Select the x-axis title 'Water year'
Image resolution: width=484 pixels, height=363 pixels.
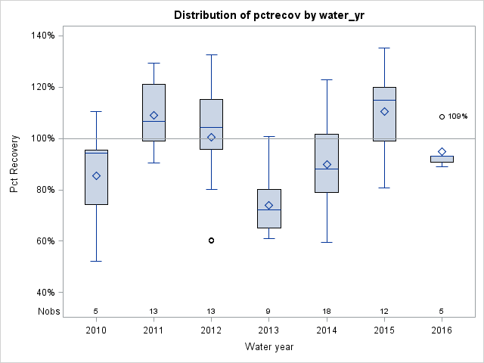(x=268, y=346)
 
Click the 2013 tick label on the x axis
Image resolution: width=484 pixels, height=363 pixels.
(x=269, y=330)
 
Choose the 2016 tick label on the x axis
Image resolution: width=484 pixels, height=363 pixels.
(x=442, y=330)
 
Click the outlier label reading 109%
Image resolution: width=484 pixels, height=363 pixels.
(x=458, y=116)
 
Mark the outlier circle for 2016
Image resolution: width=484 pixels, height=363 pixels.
(x=442, y=116)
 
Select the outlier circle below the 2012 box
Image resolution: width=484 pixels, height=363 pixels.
(x=212, y=240)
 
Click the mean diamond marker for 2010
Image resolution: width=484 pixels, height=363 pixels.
(x=96, y=175)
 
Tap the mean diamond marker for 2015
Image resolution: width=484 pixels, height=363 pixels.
(x=384, y=111)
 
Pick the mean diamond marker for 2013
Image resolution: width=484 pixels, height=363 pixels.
(x=269, y=205)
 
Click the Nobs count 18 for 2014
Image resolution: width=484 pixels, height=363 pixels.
(x=327, y=311)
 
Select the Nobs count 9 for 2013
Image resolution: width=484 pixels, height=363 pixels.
(x=269, y=311)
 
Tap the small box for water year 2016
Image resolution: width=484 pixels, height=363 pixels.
(x=442, y=159)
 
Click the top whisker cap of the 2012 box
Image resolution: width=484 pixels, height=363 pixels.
(x=212, y=54)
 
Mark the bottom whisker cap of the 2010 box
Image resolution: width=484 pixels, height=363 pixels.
(x=96, y=261)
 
